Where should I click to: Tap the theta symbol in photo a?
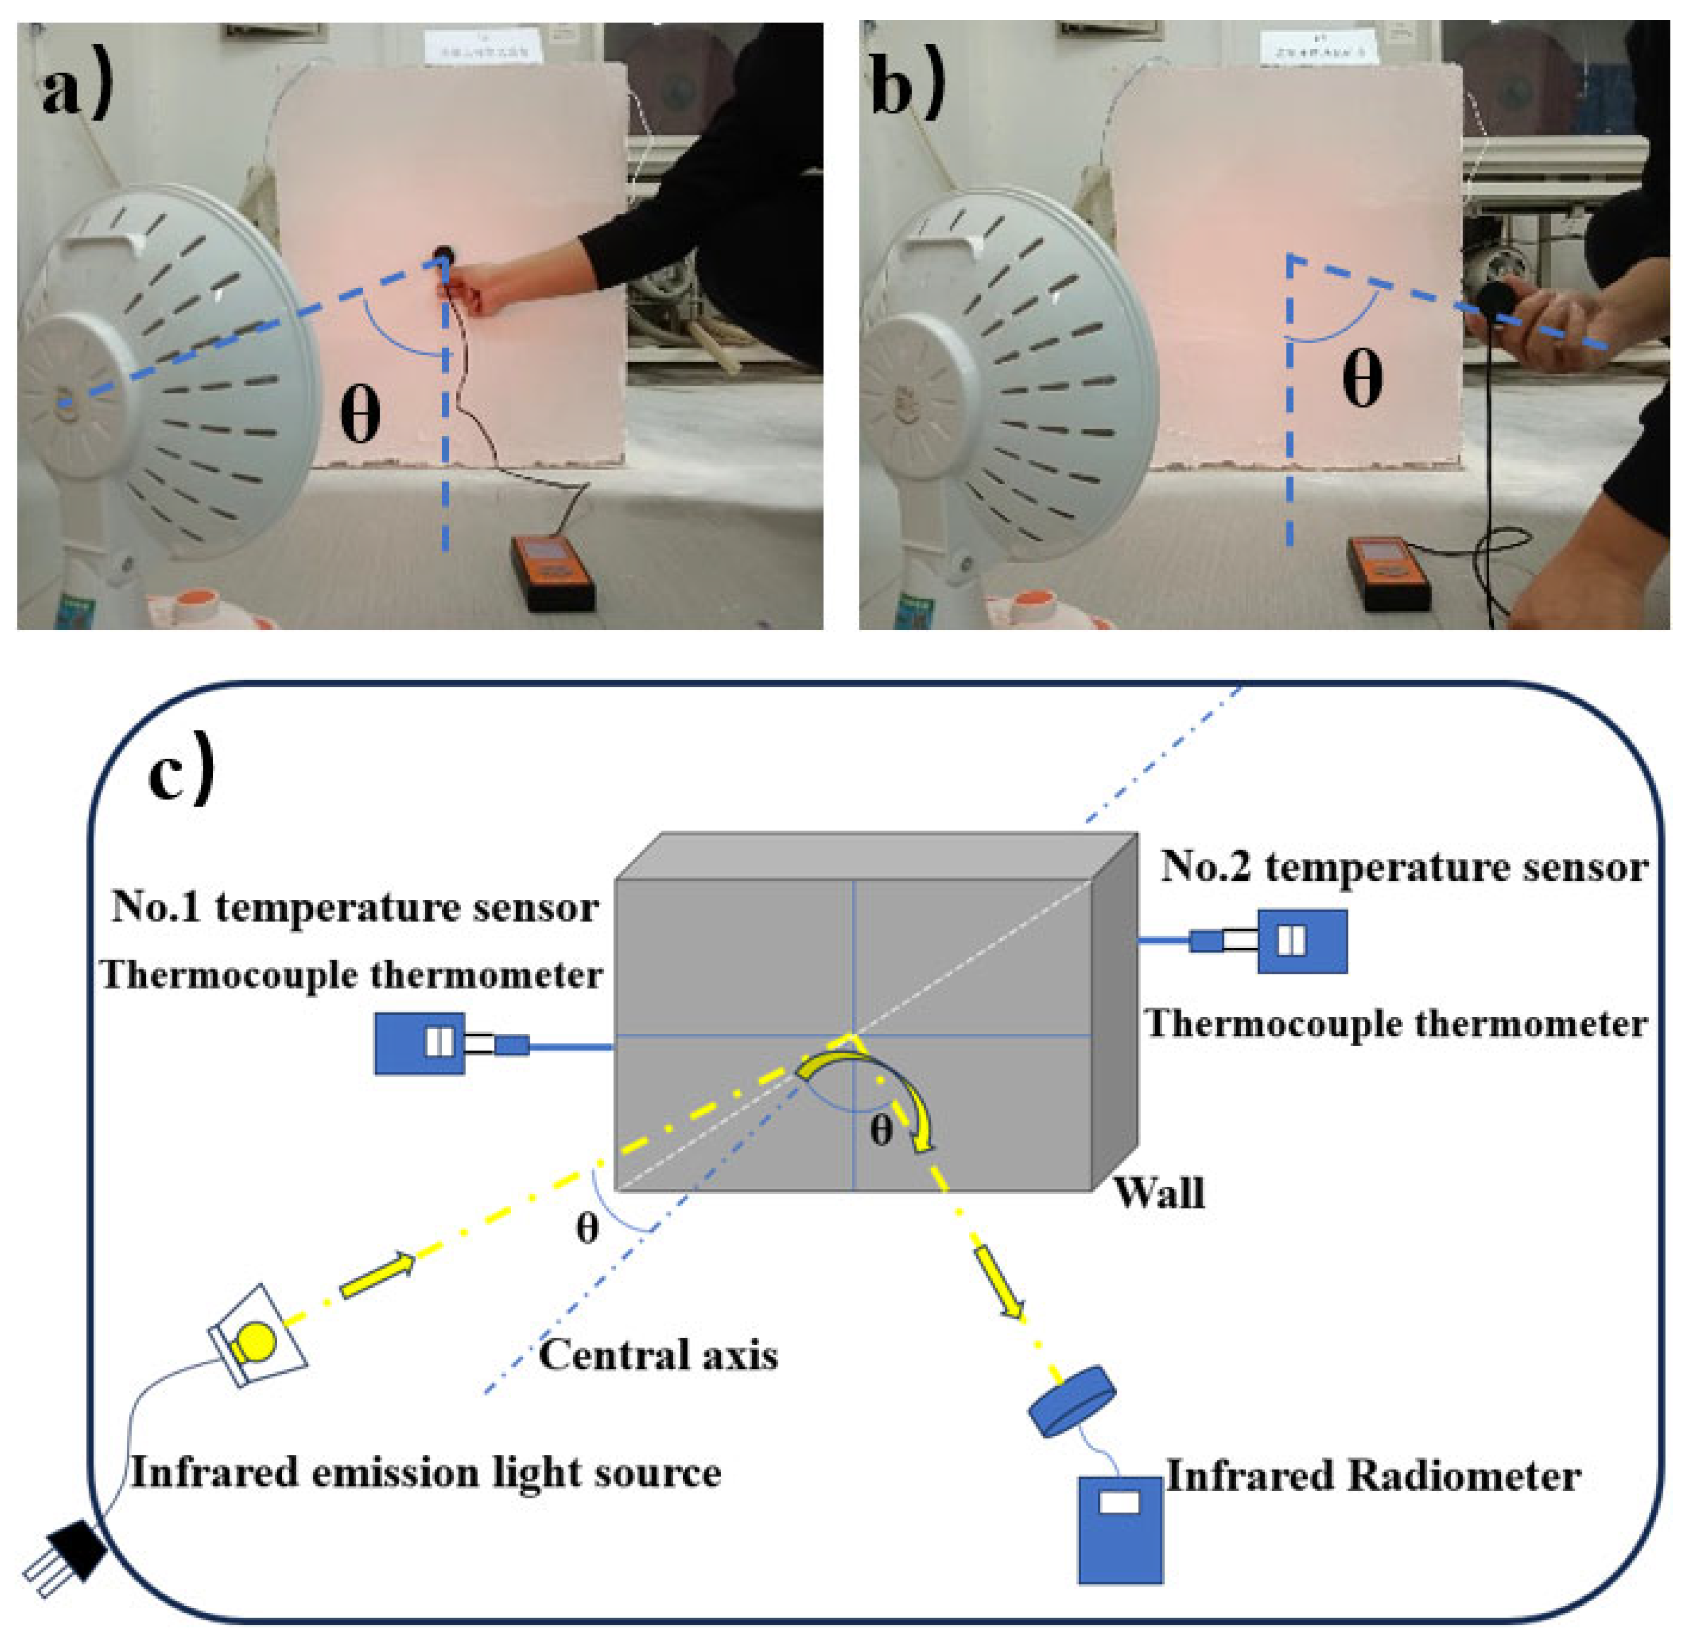[359, 415]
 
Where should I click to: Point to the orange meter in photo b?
[1389, 572]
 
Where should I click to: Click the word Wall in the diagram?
[1159, 1193]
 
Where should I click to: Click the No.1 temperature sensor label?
[355, 909]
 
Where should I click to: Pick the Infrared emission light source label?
[426, 1472]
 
